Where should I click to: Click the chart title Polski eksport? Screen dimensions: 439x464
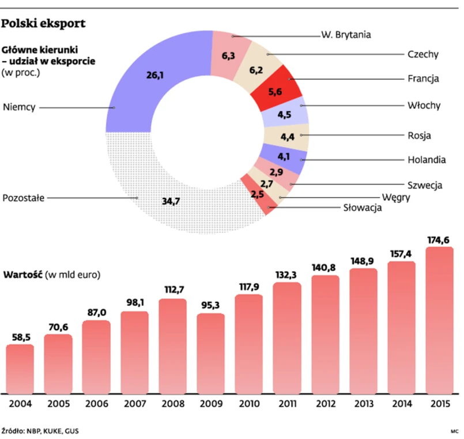click(x=44, y=24)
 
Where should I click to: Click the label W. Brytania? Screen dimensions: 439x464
click(x=346, y=35)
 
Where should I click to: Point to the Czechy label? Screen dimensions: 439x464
click(x=423, y=55)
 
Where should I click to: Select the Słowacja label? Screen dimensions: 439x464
click(x=363, y=208)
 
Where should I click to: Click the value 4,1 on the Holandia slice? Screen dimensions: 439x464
click(x=284, y=156)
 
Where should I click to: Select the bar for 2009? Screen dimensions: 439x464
click(x=210, y=352)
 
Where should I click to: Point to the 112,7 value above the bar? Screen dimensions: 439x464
click(x=172, y=290)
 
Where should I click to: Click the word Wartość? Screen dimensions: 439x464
click(x=22, y=274)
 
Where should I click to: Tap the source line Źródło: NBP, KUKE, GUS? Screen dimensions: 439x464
click(x=40, y=430)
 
